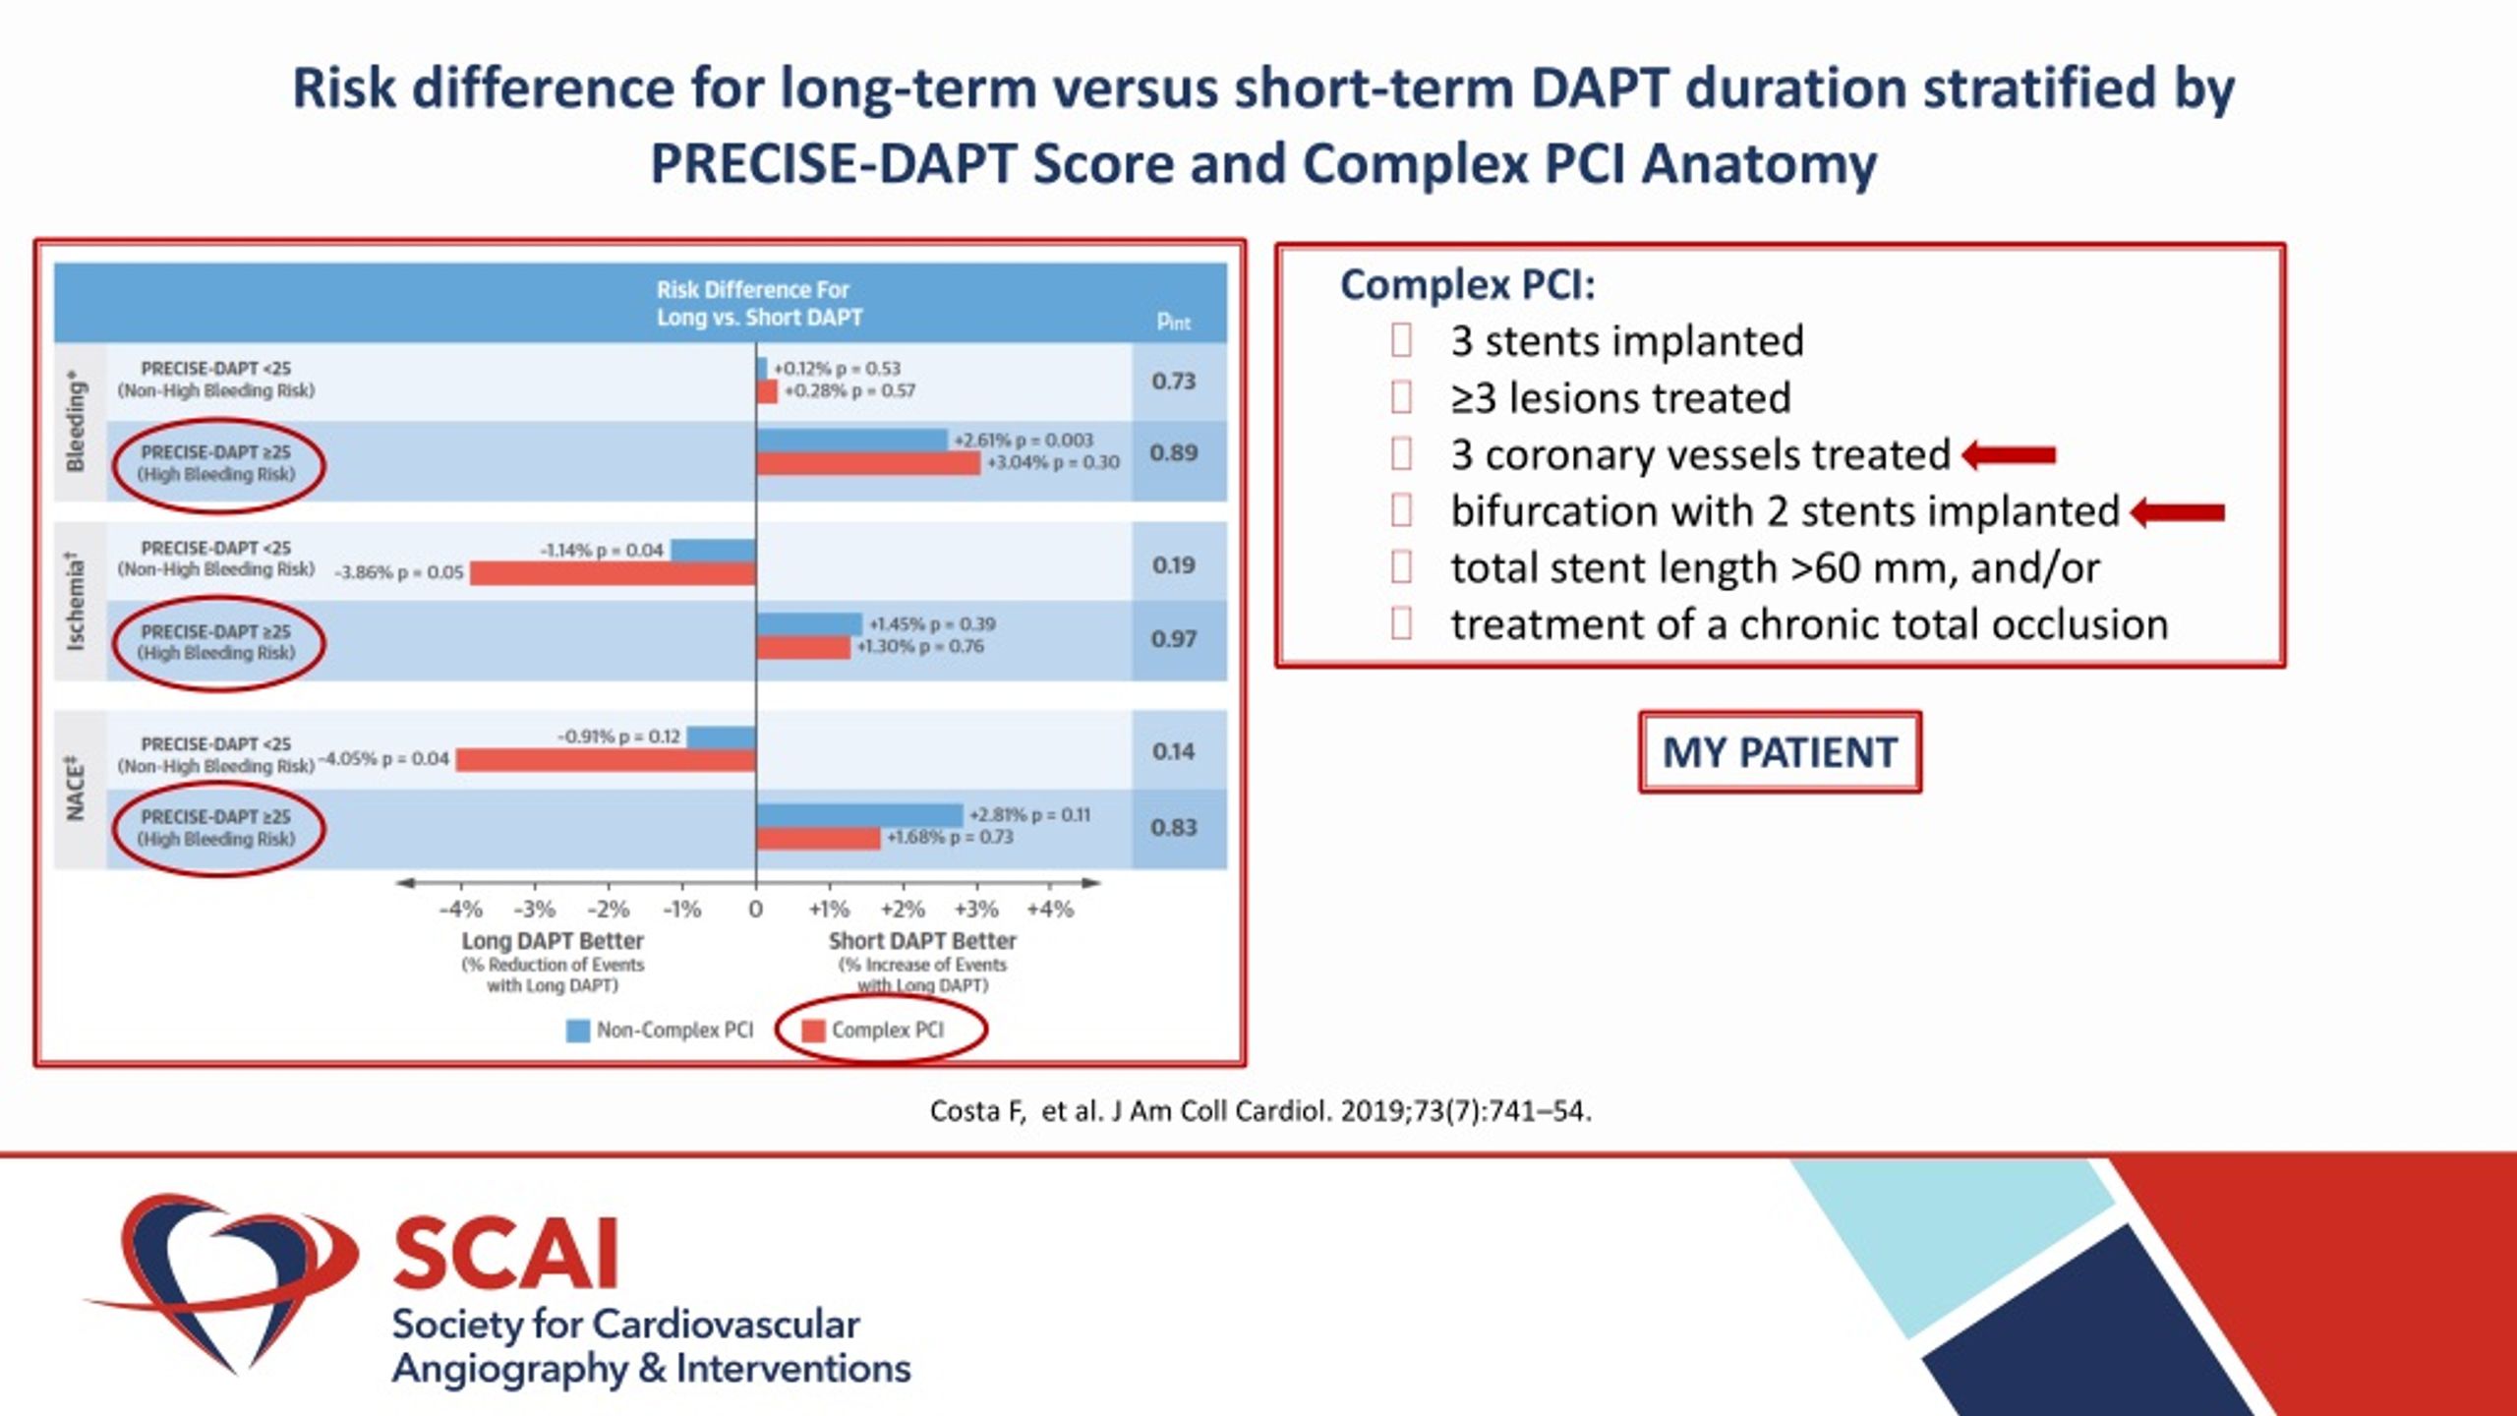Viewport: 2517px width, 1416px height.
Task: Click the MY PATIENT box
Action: (x=1780, y=752)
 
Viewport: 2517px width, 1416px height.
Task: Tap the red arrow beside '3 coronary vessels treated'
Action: (x=2009, y=455)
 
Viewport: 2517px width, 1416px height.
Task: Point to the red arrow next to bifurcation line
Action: (x=2178, y=512)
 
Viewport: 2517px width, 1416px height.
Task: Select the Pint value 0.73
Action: (x=1174, y=381)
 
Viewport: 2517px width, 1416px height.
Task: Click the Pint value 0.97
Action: (x=1174, y=638)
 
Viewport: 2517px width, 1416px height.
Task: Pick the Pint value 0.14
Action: (x=1174, y=751)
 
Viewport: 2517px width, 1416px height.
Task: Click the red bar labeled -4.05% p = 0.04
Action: (x=606, y=760)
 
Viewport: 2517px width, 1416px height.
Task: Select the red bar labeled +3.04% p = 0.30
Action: (x=868, y=463)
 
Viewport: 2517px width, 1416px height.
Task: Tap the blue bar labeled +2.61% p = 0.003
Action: (x=852, y=440)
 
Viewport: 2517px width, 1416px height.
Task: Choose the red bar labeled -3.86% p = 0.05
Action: (x=613, y=573)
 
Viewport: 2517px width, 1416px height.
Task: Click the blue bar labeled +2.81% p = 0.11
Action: (x=859, y=815)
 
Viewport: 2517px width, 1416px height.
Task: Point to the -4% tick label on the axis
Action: (x=460, y=909)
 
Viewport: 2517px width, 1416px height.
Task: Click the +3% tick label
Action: (x=975, y=909)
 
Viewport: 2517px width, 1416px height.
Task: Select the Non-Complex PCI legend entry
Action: (x=660, y=1030)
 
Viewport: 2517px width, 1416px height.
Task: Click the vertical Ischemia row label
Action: (x=75, y=601)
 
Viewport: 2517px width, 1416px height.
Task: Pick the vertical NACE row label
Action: (x=75, y=788)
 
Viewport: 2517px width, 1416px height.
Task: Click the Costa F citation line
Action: (x=1260, y=1111)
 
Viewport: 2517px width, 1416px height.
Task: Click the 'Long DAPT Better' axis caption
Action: (x=553, y=941)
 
